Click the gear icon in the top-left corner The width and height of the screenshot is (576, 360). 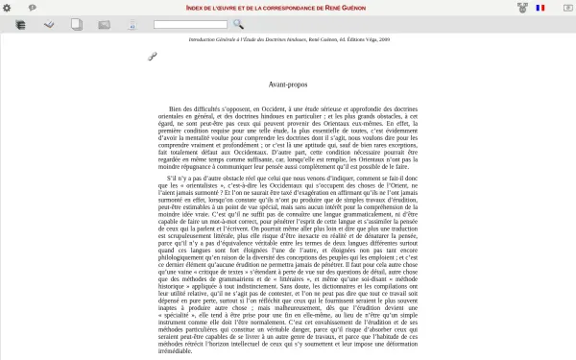click(7, 8)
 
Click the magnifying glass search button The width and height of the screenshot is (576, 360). click(238, 25)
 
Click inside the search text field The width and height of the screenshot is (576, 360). click(190, 25)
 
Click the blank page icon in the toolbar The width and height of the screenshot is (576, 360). click(77, 25)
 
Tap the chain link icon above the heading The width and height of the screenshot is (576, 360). click(152, 58)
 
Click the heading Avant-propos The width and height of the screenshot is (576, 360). click(288, 85)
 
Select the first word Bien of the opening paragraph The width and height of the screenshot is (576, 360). click(176, 109)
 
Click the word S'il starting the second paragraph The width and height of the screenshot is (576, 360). click(174, 179)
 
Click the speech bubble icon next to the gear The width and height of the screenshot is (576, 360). click(33, 8)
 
